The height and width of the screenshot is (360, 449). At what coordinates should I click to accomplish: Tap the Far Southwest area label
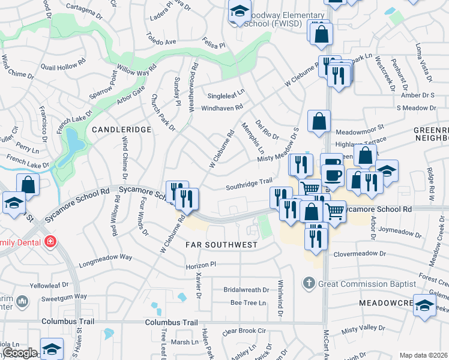coord(221,245)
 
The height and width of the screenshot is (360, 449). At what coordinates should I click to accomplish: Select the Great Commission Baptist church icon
coord(309,283)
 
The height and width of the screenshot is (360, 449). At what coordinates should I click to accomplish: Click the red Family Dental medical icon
coord(50,242)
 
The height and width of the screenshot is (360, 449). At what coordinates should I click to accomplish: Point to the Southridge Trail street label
coord(249,184)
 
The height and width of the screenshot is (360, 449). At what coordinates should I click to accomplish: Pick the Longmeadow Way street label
coord(105,257)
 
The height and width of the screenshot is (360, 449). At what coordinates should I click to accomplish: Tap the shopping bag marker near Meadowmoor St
coord(319,122)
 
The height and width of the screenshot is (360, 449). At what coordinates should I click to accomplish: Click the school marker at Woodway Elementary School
coord(240,12)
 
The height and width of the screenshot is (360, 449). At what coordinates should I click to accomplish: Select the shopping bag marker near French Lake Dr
coord(28,185)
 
